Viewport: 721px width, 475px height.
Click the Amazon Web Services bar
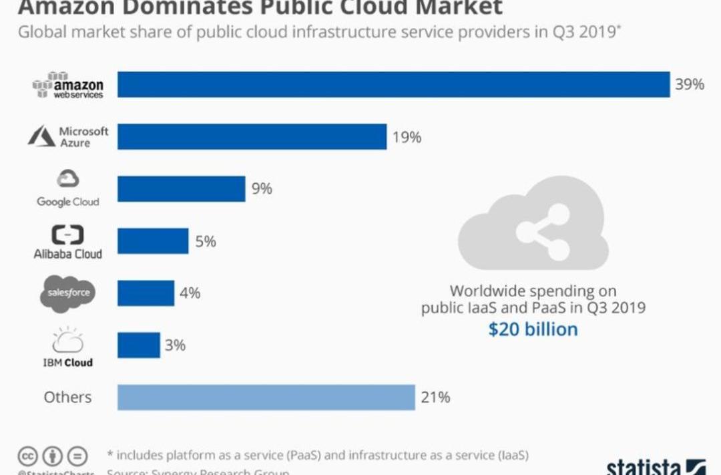click(x=394, y=85)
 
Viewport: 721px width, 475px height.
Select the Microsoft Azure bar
click(x=252, y=137)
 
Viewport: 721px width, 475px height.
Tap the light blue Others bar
click(x=266, y=398)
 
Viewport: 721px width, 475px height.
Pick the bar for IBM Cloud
click(x=139, y=345)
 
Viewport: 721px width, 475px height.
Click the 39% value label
click(x=690, y=85)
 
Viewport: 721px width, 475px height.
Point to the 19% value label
click(x=407, y=138)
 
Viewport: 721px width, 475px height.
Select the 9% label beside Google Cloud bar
click(x=262, y=189)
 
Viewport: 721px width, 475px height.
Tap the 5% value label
click(x=206, y=241)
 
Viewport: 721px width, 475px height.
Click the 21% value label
click(x=435, y=398)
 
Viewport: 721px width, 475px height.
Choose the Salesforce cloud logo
click(x=68, y=293)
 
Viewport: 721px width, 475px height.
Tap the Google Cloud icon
click(x=68, y=178)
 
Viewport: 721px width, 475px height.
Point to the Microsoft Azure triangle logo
click(x=41, y=136)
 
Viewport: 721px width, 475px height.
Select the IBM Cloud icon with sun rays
click(x=68, y=340)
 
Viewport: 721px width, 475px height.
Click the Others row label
click(x=67, y=398)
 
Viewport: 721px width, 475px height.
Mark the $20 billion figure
click(x=533, y=329)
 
